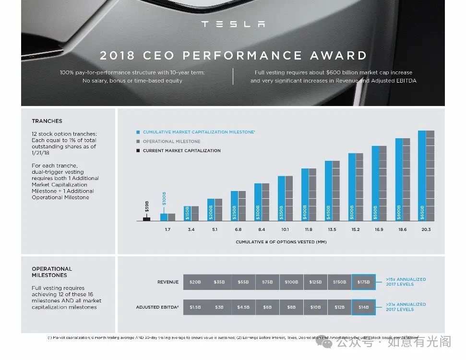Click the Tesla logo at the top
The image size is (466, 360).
click(x=233, y=24)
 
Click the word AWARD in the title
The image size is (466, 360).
click(x=339, y=55)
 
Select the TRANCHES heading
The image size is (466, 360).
click(x=47, y=121)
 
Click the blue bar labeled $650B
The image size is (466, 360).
click(x=422, y=176)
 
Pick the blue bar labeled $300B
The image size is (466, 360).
click(x=258, y=202)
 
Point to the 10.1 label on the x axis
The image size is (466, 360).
click(x=285, y=229)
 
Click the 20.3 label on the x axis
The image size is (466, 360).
click(x=426, y=229)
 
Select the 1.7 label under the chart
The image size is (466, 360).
click(x=167, y=229)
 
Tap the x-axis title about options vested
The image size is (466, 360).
click(x=281, y=242)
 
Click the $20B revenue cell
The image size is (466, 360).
click(x=195, y=282)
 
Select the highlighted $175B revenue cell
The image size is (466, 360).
click(x=363, y=282)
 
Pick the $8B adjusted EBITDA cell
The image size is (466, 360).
click(x=291, y=307)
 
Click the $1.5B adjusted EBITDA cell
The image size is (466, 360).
click(x=195, y=307)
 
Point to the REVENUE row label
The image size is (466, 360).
click(x=168, y=282)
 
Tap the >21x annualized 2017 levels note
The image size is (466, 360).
click(x=406, y=307)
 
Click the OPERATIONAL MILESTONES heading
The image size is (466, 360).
click(x=52, y=272)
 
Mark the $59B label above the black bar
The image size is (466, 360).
click(x=147, y=206)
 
